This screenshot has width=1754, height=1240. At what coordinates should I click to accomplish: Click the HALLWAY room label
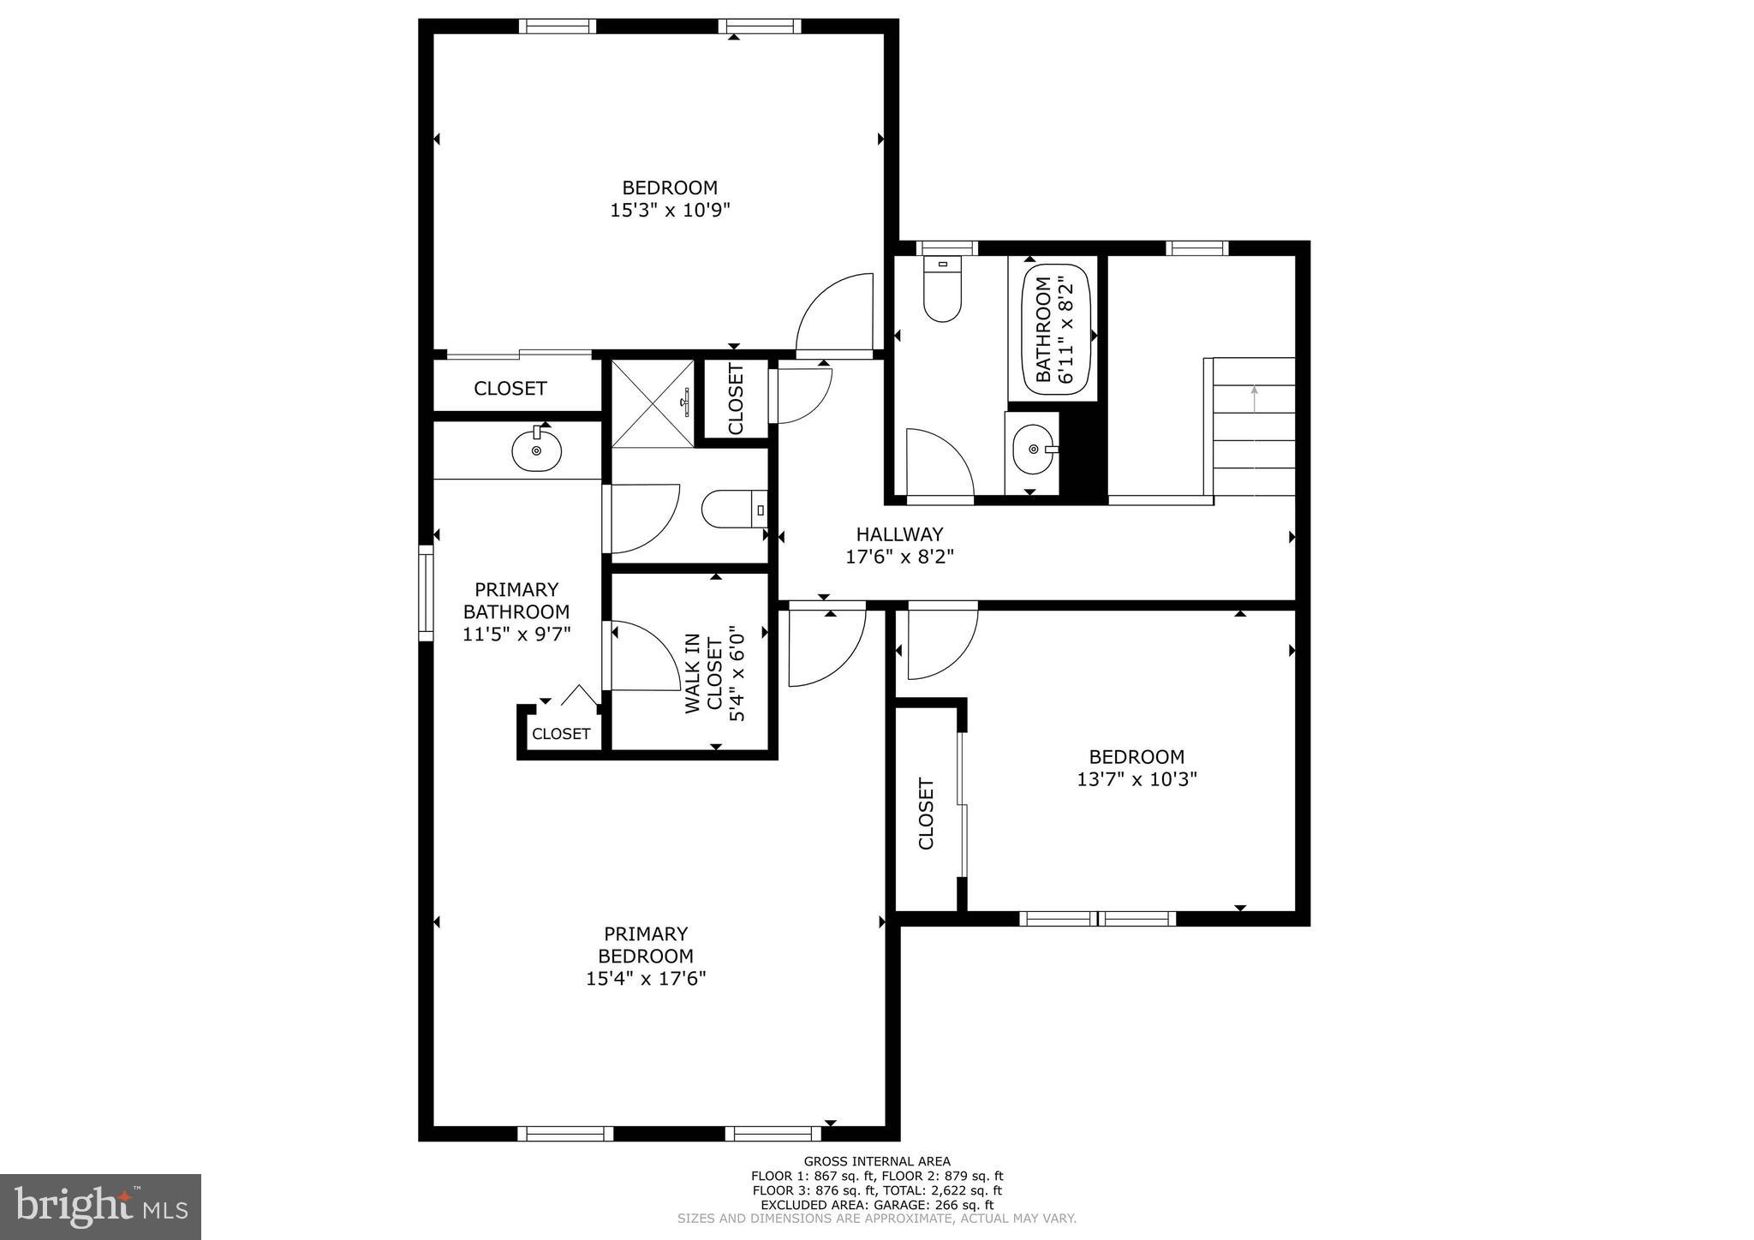click(x=899, y=534)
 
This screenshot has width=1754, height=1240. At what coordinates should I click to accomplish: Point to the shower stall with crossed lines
click(x=653, y=403)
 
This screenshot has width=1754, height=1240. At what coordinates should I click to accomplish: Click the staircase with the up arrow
click(x=1253, y=426)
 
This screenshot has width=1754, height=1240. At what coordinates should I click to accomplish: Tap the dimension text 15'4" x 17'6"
click(x=646, y=978)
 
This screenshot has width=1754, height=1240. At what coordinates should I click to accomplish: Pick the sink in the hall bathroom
click(x=1035, y=449)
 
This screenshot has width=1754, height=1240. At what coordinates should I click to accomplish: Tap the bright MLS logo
click(x=100, y=1207)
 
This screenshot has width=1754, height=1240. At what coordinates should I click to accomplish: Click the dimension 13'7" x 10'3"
click(x=1137, y=779)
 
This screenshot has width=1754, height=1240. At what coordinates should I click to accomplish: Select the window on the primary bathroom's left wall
click(x=426, y=593)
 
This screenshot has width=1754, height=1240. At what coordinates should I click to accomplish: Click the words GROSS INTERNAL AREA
click(x=877, y=1161)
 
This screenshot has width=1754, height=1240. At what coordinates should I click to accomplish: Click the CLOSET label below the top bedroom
click(x=510, y=388)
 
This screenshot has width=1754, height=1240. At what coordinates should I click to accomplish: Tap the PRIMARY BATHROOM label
click(x=516, y=600)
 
